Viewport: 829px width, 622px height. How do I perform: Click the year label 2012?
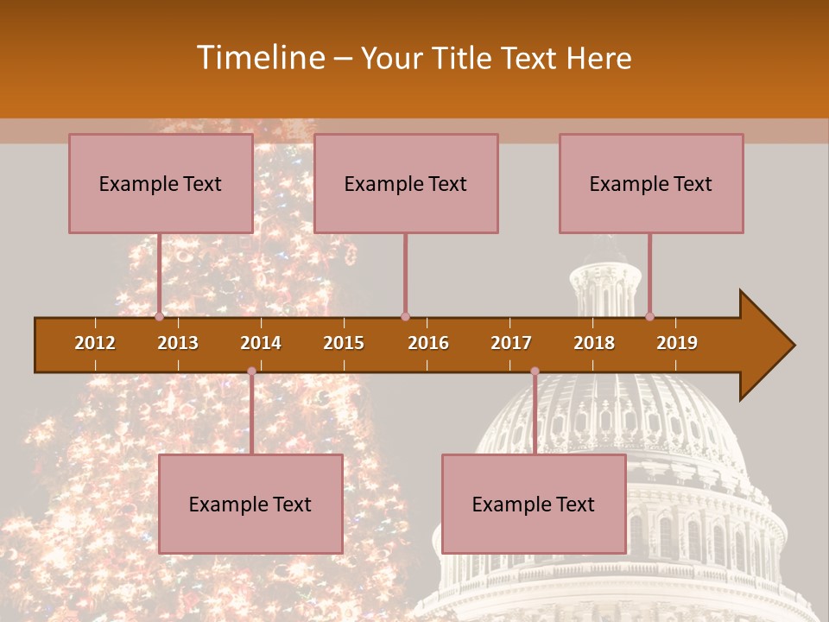click(x=95, y=343)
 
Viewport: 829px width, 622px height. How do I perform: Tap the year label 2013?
click(x=178, y=343)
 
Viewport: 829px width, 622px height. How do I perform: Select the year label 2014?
click(x=261, y=343)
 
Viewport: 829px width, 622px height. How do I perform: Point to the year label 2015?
click(x=344, y=343)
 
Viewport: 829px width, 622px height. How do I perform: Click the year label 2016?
click(x=428, y=343)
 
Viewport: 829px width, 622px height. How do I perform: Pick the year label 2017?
click(x=511, y=343)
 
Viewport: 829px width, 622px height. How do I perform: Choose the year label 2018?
click(x=594, y=343)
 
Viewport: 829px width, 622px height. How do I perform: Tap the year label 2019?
click(x=677, y=343)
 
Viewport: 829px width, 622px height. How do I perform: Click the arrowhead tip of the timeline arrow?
click(x=793, y=346)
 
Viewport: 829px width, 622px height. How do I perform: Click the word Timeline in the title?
click(x=258, y=58)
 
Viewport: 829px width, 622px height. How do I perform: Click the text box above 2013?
click(x=160, y=183)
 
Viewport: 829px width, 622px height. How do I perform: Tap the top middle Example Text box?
click(x=405, y=183)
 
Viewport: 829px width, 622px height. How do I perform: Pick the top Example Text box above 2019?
click(x=650, y=183)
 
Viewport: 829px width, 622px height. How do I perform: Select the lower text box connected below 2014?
click(x=250, y=504)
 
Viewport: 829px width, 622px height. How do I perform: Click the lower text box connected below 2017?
click(x=533, y=504)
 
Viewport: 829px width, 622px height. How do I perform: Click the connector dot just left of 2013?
click(x=159, y=316)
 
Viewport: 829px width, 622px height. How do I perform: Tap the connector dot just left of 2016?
click(x=405, y=316)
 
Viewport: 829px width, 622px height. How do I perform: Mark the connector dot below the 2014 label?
click(x=251, y=371)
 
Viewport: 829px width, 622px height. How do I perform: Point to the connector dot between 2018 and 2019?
click(x=649, y=316)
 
